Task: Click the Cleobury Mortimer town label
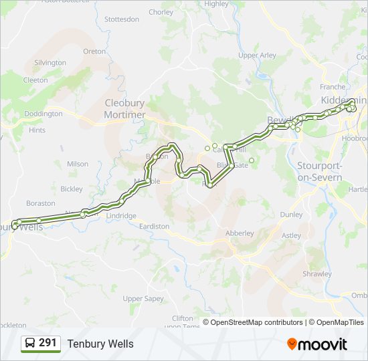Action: [x=124, y=108]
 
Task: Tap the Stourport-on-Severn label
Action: [x=319, y=172]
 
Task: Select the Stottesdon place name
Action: [x=122, y=19]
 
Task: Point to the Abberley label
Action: [x=240, y=233]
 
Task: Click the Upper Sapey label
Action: [x=143, y=298]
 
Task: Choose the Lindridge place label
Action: [x=122, y=216]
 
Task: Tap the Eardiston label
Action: [x=154, y=227]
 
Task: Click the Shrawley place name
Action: [x=316, y=273]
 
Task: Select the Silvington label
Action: [x=50, y=63]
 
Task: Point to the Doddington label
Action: [x=43, y=114]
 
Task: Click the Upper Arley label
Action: [x=257, y=55]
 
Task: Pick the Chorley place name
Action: [x=161, y=12]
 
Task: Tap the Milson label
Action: [x=78, y=164]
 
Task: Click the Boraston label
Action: [x=41, y=203]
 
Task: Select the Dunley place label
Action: [x=291, y=215]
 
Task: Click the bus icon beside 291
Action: [x=29, y=344]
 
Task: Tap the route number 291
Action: [x=48, y=343]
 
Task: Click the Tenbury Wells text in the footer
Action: [x=100, y=344]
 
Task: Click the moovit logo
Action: [x=317, y=344]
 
